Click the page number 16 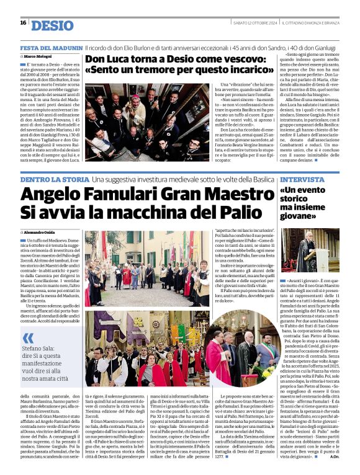(x=23, y=23)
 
